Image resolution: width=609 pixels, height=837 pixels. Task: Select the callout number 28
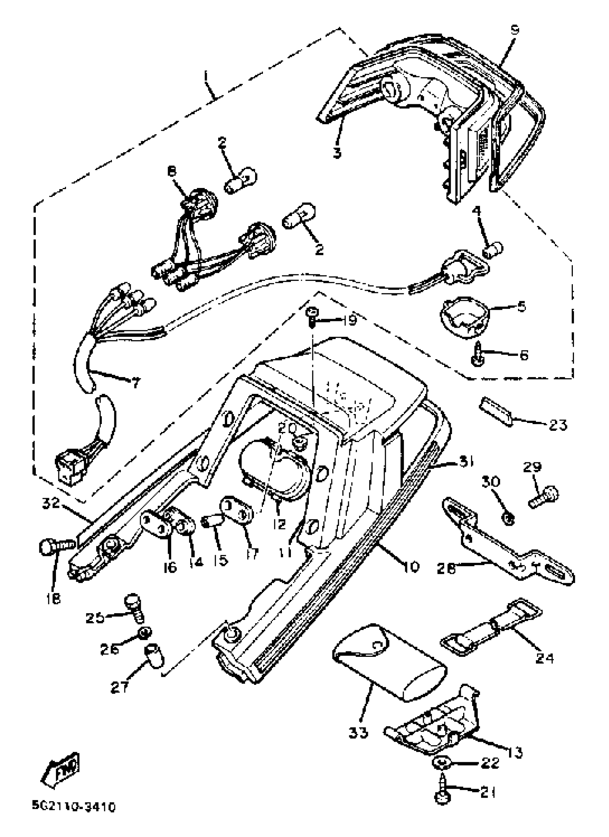(x=446, y=569)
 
